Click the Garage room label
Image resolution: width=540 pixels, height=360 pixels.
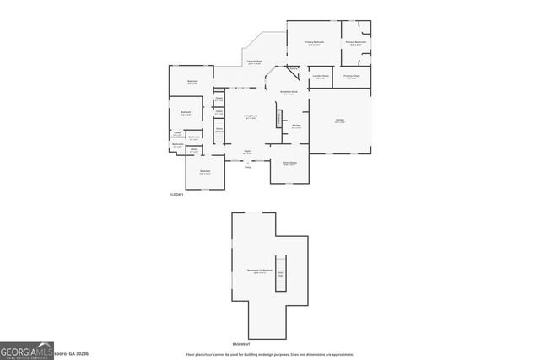click(x=339, y=121)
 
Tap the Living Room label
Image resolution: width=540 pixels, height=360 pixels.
click(x=251, y=117)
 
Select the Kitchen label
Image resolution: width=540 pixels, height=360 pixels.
click(x=297, y=126)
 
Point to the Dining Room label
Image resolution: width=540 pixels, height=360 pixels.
click(x=289, y=164)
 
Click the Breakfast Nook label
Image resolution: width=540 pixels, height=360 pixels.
click(x=288, y=93)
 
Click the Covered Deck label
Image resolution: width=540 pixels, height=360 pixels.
click(x=254, y=62)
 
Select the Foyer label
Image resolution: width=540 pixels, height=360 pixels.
click(x=248, y=153)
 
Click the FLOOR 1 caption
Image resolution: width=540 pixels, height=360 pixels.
click(x=175, y=194)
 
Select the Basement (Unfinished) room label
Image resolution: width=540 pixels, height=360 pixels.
click(x=256, y=271)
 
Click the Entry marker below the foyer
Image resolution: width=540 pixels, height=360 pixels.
click(x=248, y=166)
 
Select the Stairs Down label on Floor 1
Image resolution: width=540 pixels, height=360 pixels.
click(x=219, y=130)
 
